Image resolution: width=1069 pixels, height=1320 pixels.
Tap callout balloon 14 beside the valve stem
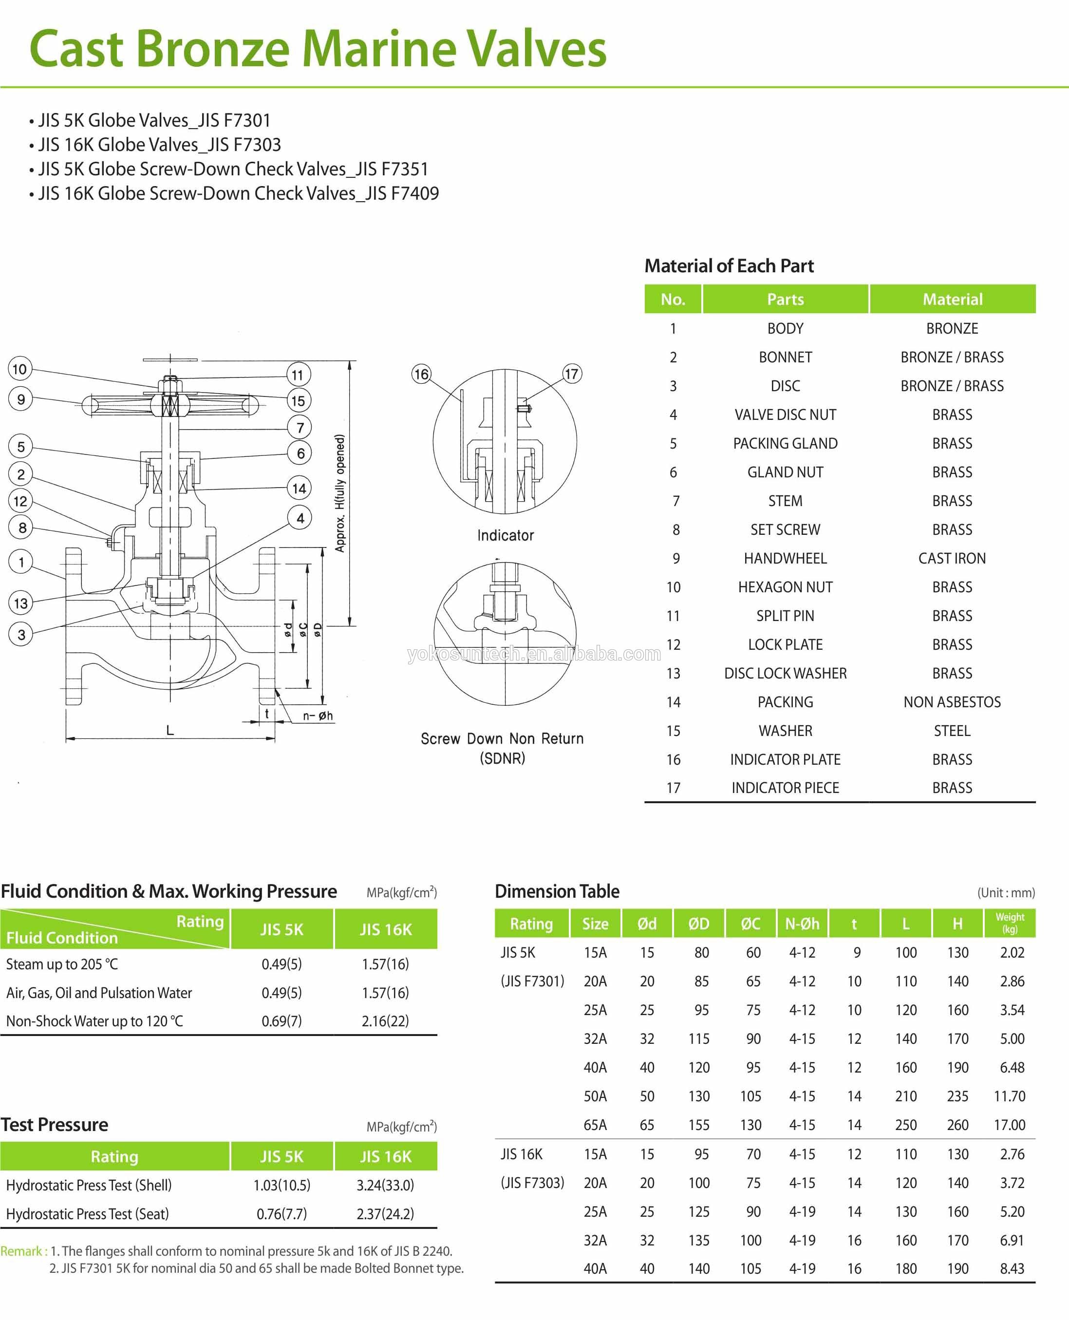pos(299,489)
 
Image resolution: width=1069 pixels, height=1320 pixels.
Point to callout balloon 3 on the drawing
pos(21,635)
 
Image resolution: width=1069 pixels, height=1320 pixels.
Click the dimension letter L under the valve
pos(170,730)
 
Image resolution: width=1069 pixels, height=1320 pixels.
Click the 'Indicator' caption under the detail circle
pos(505,535)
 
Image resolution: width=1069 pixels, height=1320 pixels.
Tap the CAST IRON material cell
pos(951,558)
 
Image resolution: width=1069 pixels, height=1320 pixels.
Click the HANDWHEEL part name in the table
pos(785,558)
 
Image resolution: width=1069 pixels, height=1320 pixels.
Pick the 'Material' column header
pos(952,300)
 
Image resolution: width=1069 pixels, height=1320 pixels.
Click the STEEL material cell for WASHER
pos(951,731)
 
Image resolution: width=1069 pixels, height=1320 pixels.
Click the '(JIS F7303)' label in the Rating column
pos(532,1183)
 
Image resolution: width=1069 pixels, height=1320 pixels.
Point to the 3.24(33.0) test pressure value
pos(385,1185)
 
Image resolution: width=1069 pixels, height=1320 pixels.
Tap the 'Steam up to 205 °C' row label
pos(61,964)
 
